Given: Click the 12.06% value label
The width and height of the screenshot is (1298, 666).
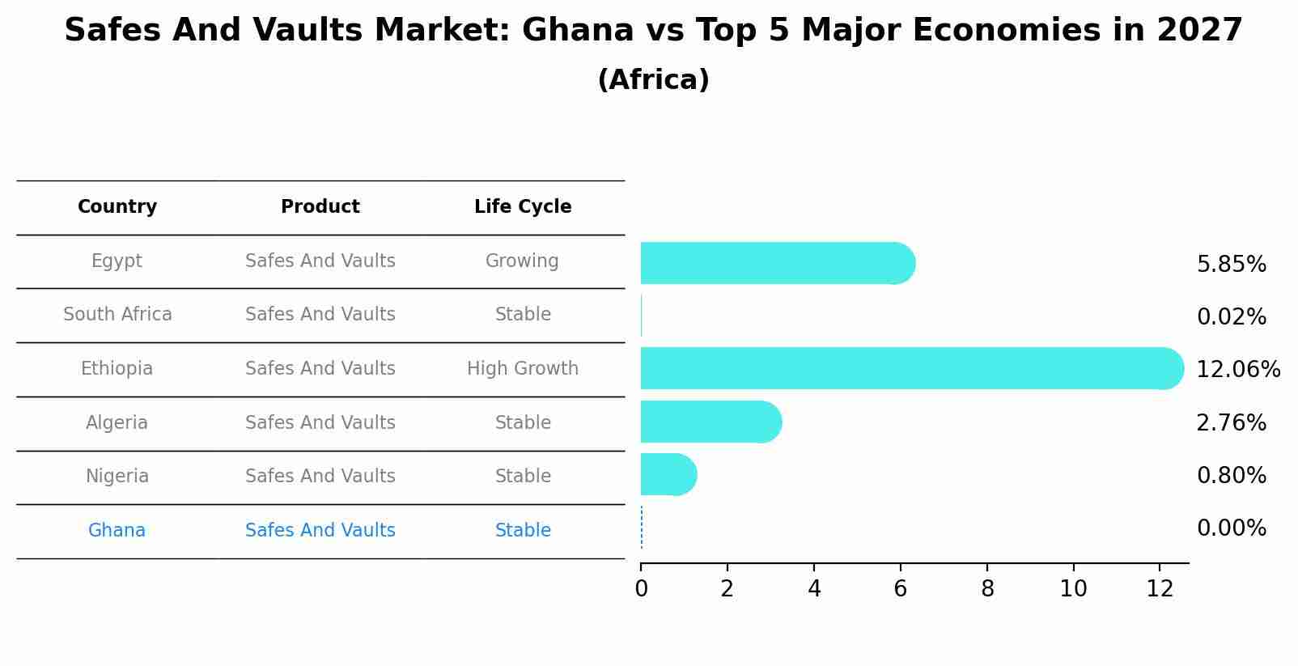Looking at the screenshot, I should pyautogui.click(x=1237, y=370).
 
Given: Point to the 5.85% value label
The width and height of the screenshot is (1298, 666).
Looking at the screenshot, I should pyautogui.click(x=1231, y=265).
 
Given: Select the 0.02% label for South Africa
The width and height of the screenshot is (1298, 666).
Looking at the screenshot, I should pyautogui.click(x=1231, y=317).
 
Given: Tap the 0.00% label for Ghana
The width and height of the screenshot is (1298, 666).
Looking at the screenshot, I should pyautogui.click(x=1231, y=528).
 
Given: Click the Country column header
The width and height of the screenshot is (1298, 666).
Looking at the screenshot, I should pyautogui.click(x=117, y=207).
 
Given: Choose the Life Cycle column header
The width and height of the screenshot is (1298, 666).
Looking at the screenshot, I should pyautogui.click(x=523, y=207).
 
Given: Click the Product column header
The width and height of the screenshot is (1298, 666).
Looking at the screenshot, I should pyautogui.click(x=320, y=207).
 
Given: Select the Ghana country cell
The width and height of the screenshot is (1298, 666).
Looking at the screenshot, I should pyautogui.click(x=117, y=531).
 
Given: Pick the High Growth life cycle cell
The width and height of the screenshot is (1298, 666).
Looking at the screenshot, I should pyautogui.click(x=523, y=369).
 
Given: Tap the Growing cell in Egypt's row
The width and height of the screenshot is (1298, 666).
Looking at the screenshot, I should pyautogui.click(x=522, y=261).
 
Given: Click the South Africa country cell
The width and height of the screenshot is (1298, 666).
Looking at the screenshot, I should pyautogui.click(x=117, y=315).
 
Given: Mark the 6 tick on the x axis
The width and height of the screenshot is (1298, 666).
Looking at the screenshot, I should pyautogui.click(x=900, y=589).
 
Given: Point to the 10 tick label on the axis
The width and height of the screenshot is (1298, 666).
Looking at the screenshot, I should pyautogui.click(x=1073, y=589).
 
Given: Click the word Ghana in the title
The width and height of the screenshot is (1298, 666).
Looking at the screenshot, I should pyautogui.click(x=577, y=31).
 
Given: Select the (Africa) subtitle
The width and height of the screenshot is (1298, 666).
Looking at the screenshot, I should pyautogui.click(x=653, y=80).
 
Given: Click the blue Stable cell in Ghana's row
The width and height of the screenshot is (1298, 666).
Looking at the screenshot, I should pyautogui.click(x=523, y=531).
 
